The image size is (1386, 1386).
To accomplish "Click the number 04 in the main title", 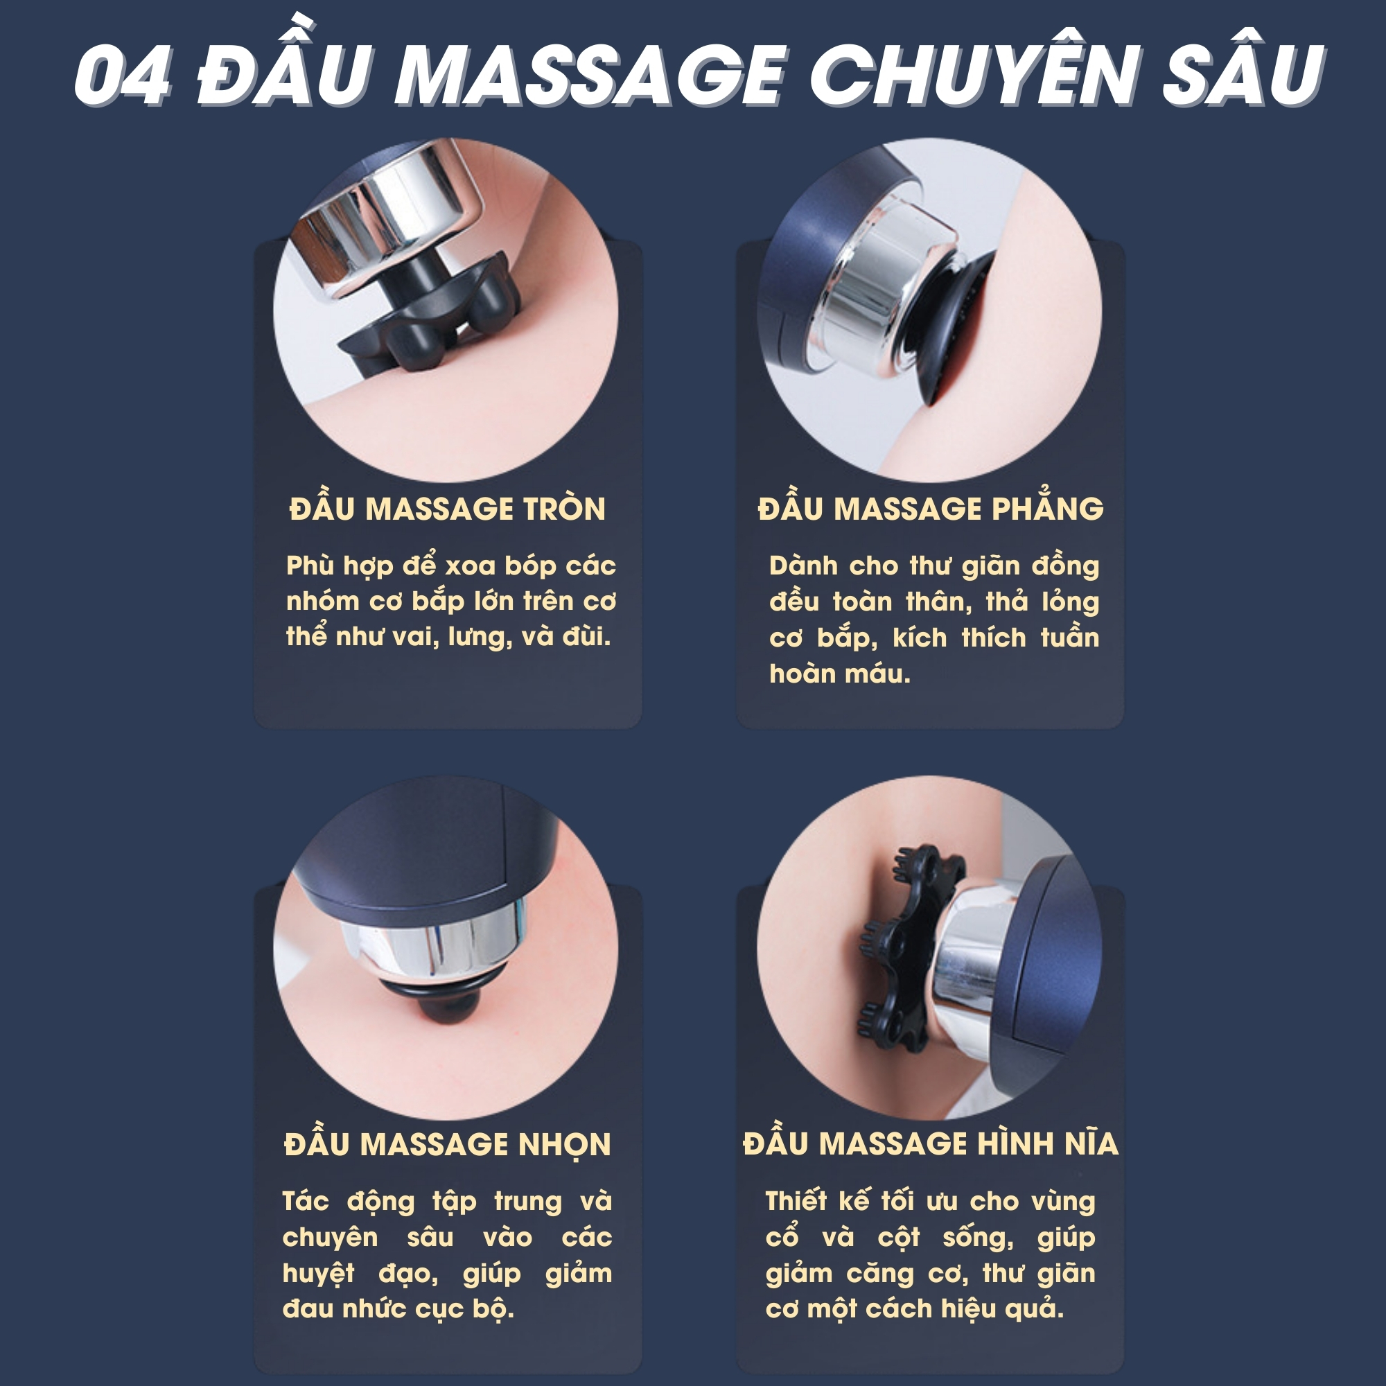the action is click(x=123, y=76).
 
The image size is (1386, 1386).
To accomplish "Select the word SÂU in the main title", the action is click(x=1243, y=67).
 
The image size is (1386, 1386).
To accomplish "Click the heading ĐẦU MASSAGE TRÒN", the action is click(x=448, y=508).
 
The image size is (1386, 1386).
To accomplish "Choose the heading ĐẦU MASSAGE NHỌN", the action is click(x=448, y=1144).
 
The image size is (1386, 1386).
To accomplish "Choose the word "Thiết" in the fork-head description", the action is click(x=796, y=1202).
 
